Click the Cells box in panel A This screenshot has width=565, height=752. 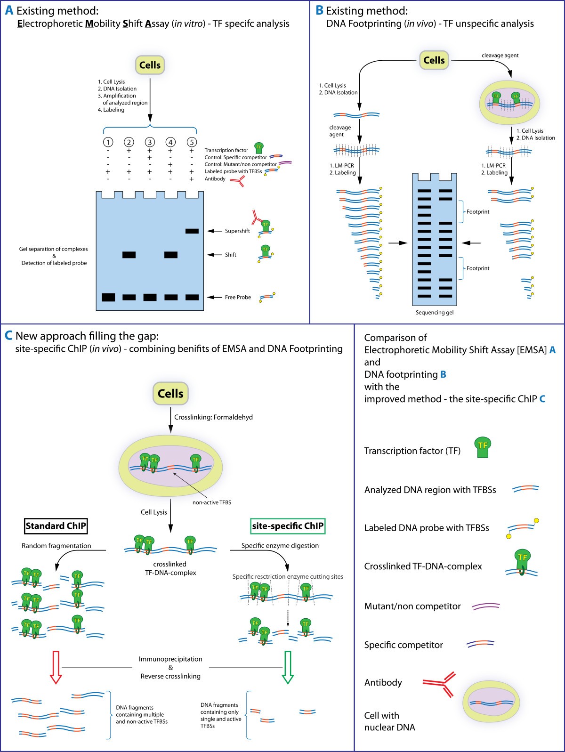tap(150, 65)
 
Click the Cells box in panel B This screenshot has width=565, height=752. tap(434, 60)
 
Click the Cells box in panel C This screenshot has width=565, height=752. tap(170, 394)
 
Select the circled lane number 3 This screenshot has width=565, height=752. tap(150, 142)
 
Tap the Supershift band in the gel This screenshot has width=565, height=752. tap(192, 231)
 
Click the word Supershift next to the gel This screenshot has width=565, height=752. tap(237, 231)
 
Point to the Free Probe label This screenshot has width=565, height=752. tap(238, 298)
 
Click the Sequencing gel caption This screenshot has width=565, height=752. tap(434, 313)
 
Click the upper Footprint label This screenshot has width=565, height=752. tap(477, 212)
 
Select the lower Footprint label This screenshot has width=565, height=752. tap(477, 268)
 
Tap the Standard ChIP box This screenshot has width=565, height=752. tap(56, 526)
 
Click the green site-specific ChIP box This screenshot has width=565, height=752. tap(288, 526)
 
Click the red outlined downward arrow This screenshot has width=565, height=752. tap(56, 667)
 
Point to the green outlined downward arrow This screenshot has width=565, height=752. tap(288, 667)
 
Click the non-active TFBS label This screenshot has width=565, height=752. tap(211, 502)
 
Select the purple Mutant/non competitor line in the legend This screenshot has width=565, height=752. tap(485, 606)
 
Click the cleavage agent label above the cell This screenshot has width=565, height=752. tap(500, 56)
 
